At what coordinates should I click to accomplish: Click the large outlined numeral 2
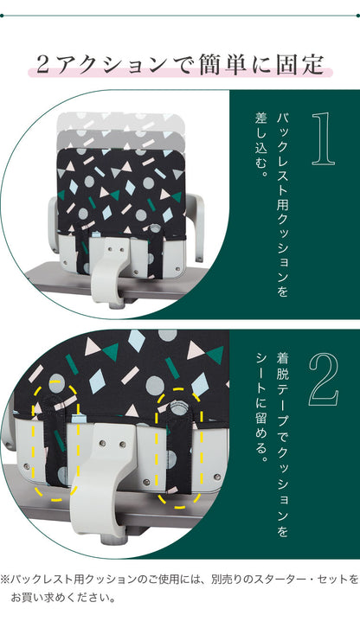click(322, 377)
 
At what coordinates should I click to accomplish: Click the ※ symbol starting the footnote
click(6, 578)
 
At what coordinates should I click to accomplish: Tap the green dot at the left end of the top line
click(3, 14)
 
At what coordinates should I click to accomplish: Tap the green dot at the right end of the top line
click(357, 14)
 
